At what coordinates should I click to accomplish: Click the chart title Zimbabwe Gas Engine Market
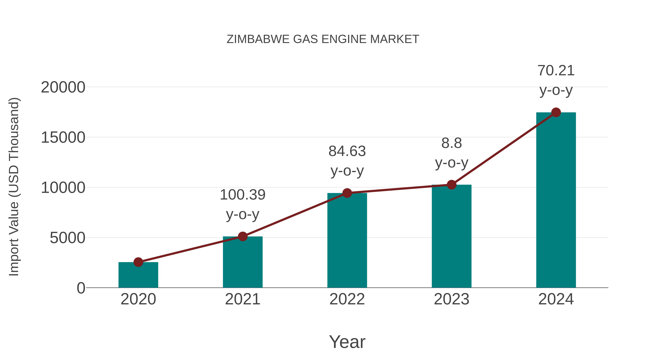323,39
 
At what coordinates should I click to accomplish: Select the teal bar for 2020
138,276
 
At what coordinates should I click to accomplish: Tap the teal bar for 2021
242,263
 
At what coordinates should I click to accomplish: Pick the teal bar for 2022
347,241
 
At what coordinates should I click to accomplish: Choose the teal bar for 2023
451,237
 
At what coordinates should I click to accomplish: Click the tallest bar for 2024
556,200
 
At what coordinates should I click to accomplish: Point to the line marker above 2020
138,262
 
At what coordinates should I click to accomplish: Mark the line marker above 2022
347,193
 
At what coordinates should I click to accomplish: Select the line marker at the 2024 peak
556,112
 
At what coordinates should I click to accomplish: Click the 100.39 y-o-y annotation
242,204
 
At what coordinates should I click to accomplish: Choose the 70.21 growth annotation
556,80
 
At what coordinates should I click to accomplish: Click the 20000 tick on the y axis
63,87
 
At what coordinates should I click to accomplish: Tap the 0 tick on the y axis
81,288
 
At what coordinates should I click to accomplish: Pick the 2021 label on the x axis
242,299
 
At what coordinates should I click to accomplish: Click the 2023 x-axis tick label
451,299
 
